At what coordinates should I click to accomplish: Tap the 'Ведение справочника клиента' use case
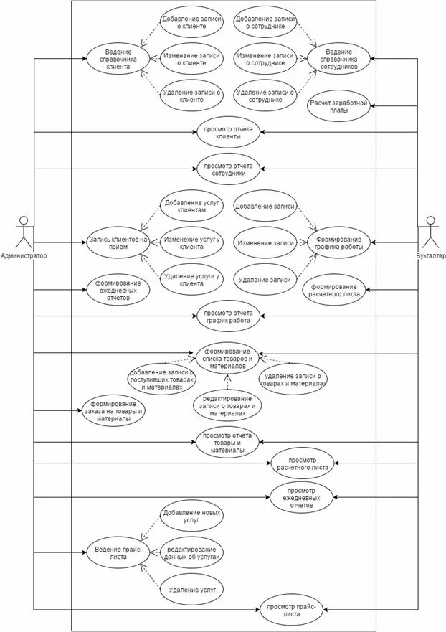pos(118,57)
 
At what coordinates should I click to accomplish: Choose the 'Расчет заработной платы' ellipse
pos(339,107)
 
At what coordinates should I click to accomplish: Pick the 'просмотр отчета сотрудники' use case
pos(228,169)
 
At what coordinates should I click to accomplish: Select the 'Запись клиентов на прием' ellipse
pos(118,242)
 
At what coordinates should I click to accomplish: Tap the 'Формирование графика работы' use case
pos(339,242)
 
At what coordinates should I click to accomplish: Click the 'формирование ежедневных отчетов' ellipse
pos(118,289)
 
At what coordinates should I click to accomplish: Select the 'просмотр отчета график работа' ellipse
pos(228,316)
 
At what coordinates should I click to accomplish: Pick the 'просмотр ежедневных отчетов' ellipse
pos(303,496)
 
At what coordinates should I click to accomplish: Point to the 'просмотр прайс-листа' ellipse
pos(290,609)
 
